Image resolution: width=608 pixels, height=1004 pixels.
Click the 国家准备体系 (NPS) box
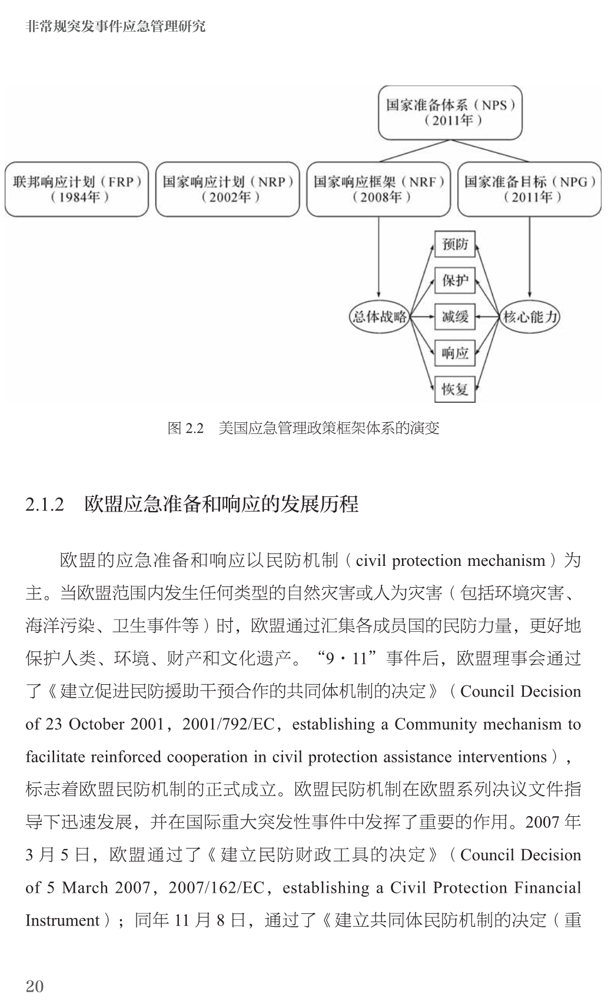click(x=450, y=113)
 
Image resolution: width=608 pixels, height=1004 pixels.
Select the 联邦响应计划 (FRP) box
click(x=77, y=189)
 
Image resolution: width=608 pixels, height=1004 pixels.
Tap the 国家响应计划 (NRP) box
click(x=228, y=189)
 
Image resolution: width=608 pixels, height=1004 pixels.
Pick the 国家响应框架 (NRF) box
click(x=378, y=189)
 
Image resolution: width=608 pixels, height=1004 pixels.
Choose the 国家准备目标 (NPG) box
click(x=530, y=189)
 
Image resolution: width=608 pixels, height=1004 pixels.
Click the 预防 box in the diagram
click(x=455, y=244)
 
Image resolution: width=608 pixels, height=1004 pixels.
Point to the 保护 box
click(x=455, y=280)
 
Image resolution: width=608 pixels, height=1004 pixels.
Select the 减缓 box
click(x=455, y=317)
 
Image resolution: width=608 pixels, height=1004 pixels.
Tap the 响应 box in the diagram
click(x=455, y=353)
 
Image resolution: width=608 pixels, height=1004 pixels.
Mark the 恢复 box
click(x=455, y=389)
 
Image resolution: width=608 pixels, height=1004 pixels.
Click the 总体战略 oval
click(x=379, y=317)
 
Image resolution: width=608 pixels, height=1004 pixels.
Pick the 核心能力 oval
click(x=530, y=317)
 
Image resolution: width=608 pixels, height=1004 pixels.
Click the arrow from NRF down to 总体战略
click(x=378, y=259)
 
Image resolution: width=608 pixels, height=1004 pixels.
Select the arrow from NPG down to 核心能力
click(x=530, y=259)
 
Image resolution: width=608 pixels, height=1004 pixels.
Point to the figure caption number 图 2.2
click(x=185, y=428)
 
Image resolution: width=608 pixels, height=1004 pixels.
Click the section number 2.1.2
click(x=45, y=505)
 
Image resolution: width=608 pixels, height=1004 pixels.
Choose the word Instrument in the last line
click(x=62, y=920)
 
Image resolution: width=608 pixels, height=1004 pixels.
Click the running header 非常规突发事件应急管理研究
click(x=116, y=26)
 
